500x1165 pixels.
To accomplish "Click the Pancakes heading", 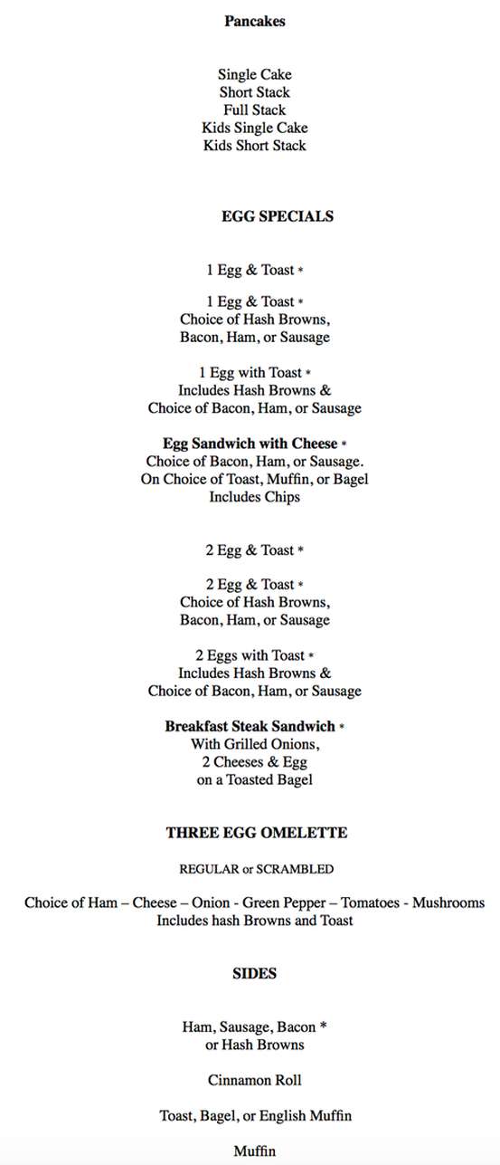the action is pos(254,21).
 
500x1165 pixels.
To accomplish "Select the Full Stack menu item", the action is pos(254,110).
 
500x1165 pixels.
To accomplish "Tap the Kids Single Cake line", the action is pos(254,128).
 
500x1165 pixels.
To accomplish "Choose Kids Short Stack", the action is pos(254,146).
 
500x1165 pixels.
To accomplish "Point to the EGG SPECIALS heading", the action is pos(277,216).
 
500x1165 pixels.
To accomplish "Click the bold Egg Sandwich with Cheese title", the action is pos(250,444).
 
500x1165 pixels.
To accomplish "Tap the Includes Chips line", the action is pos(254,497).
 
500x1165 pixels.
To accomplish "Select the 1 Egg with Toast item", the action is pos(250,372).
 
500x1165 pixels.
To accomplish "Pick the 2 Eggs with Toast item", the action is pos(250,655).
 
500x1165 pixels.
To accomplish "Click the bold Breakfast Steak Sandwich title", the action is pos(250,726).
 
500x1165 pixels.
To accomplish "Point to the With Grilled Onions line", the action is pos(255,744).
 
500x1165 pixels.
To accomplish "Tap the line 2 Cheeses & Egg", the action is pos(254,762).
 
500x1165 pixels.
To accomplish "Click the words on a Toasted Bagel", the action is pos(254,779).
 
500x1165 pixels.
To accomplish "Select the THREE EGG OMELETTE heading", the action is pos(256,833).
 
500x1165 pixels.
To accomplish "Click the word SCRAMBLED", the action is pos(295,869).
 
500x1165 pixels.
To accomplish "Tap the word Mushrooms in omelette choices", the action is pos(448,903).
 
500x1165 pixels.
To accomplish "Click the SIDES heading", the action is pos(254,974).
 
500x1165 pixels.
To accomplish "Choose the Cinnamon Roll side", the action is pos(254,1081).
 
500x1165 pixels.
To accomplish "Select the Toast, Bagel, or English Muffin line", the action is pos(255,1116).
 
